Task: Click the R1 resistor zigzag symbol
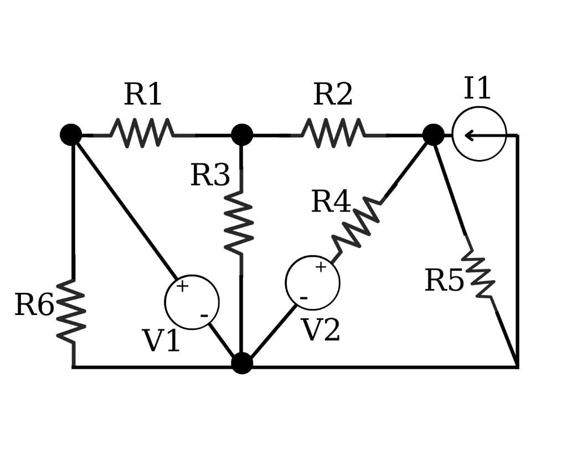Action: tap(142, 133)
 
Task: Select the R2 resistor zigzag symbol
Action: tap(333, 133)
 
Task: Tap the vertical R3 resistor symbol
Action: tap(240, 224)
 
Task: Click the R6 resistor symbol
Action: tap(72, 310)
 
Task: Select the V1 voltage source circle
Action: tap(192, 302)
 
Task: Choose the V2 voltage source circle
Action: tap(312, 283)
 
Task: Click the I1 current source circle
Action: tap(479, 134)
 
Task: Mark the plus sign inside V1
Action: tap(182, 286)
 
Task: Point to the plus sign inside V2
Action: tap(321, 267)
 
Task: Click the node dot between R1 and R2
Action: tap(241, 135)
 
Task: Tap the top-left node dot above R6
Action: tap(71, 135)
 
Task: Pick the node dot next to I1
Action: tap(433, 135)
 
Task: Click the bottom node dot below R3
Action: tap(241, 363)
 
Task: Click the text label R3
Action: tap(210, 175)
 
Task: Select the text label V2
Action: tap(321, 331)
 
